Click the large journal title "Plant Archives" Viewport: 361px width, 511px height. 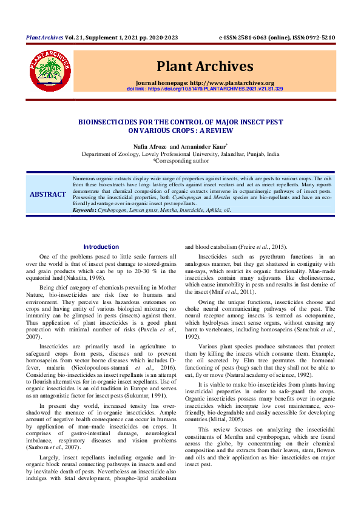tap(205, 66)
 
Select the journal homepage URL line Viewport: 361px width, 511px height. tap(205, 83)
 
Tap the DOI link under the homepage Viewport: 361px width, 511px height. tap(205, 89)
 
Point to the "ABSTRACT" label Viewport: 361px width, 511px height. tap(49, 194)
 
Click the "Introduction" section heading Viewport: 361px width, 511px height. tap(101, 247)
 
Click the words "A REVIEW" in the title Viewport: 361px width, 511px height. tap(210, 130)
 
